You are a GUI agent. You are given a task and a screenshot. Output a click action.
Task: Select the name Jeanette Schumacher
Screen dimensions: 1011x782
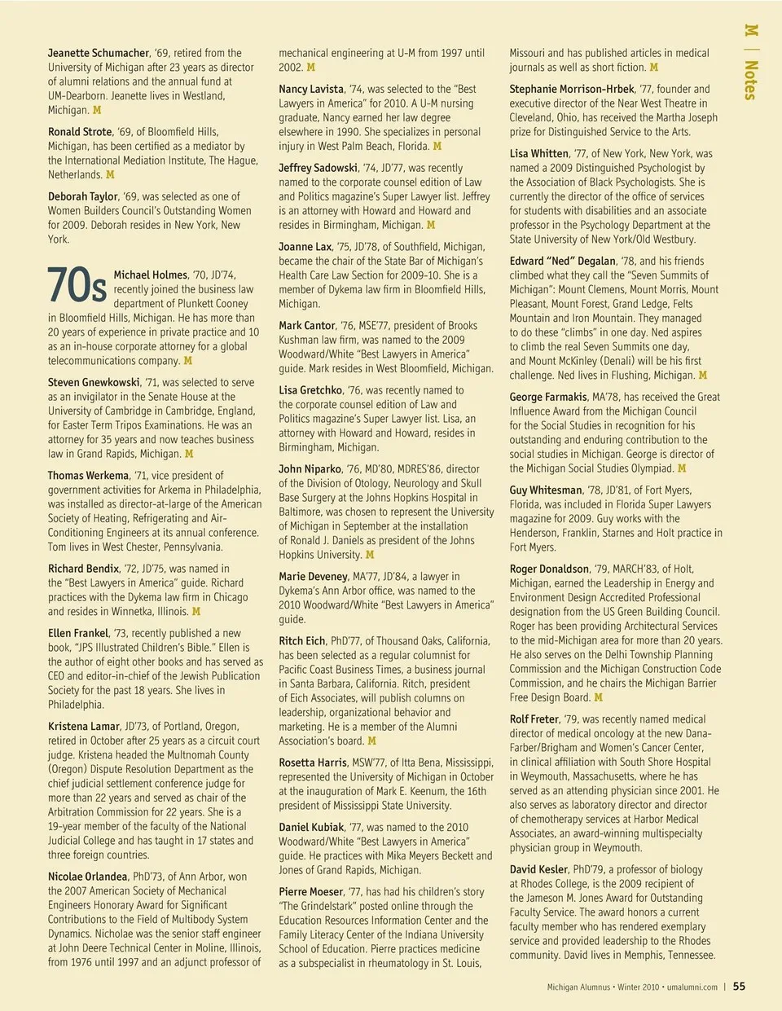(99, 53)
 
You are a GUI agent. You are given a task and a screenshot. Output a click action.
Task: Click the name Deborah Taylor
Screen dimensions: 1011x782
(83, 196)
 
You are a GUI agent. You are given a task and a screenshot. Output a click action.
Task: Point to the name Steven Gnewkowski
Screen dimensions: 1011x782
(94, 382)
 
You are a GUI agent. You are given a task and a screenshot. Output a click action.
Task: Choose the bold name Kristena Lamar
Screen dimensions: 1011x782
(84, 726)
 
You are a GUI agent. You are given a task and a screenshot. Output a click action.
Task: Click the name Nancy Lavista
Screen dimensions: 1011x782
(311, 89)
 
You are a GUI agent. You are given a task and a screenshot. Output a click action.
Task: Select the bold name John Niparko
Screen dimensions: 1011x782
(310, 468)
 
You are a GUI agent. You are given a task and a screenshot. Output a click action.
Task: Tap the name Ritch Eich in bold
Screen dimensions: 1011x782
(301, 640)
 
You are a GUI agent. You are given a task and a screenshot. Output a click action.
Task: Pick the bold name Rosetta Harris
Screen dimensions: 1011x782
(313, 763)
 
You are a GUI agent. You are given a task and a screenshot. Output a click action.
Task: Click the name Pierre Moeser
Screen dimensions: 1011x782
(311, 891)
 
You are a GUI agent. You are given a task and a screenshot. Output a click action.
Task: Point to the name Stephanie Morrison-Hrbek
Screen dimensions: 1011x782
(572, 89)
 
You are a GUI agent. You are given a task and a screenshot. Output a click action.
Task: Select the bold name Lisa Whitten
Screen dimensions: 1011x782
(539, 153)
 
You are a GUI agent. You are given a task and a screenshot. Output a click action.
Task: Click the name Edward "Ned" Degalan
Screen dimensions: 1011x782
(563, 261)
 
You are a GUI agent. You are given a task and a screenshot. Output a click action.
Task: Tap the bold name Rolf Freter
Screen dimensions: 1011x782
(534, 719)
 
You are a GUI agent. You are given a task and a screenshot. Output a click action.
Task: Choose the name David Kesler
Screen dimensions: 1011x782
(538, 869)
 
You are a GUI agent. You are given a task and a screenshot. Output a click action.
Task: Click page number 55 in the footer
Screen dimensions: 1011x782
(739, 986)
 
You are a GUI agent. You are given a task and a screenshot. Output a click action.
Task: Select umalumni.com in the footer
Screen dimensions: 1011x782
(692, 987)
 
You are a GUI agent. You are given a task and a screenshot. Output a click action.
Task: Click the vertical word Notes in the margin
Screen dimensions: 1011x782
(751, 80)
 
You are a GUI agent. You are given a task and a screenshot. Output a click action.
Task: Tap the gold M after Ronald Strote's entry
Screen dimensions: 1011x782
(110, 174)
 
